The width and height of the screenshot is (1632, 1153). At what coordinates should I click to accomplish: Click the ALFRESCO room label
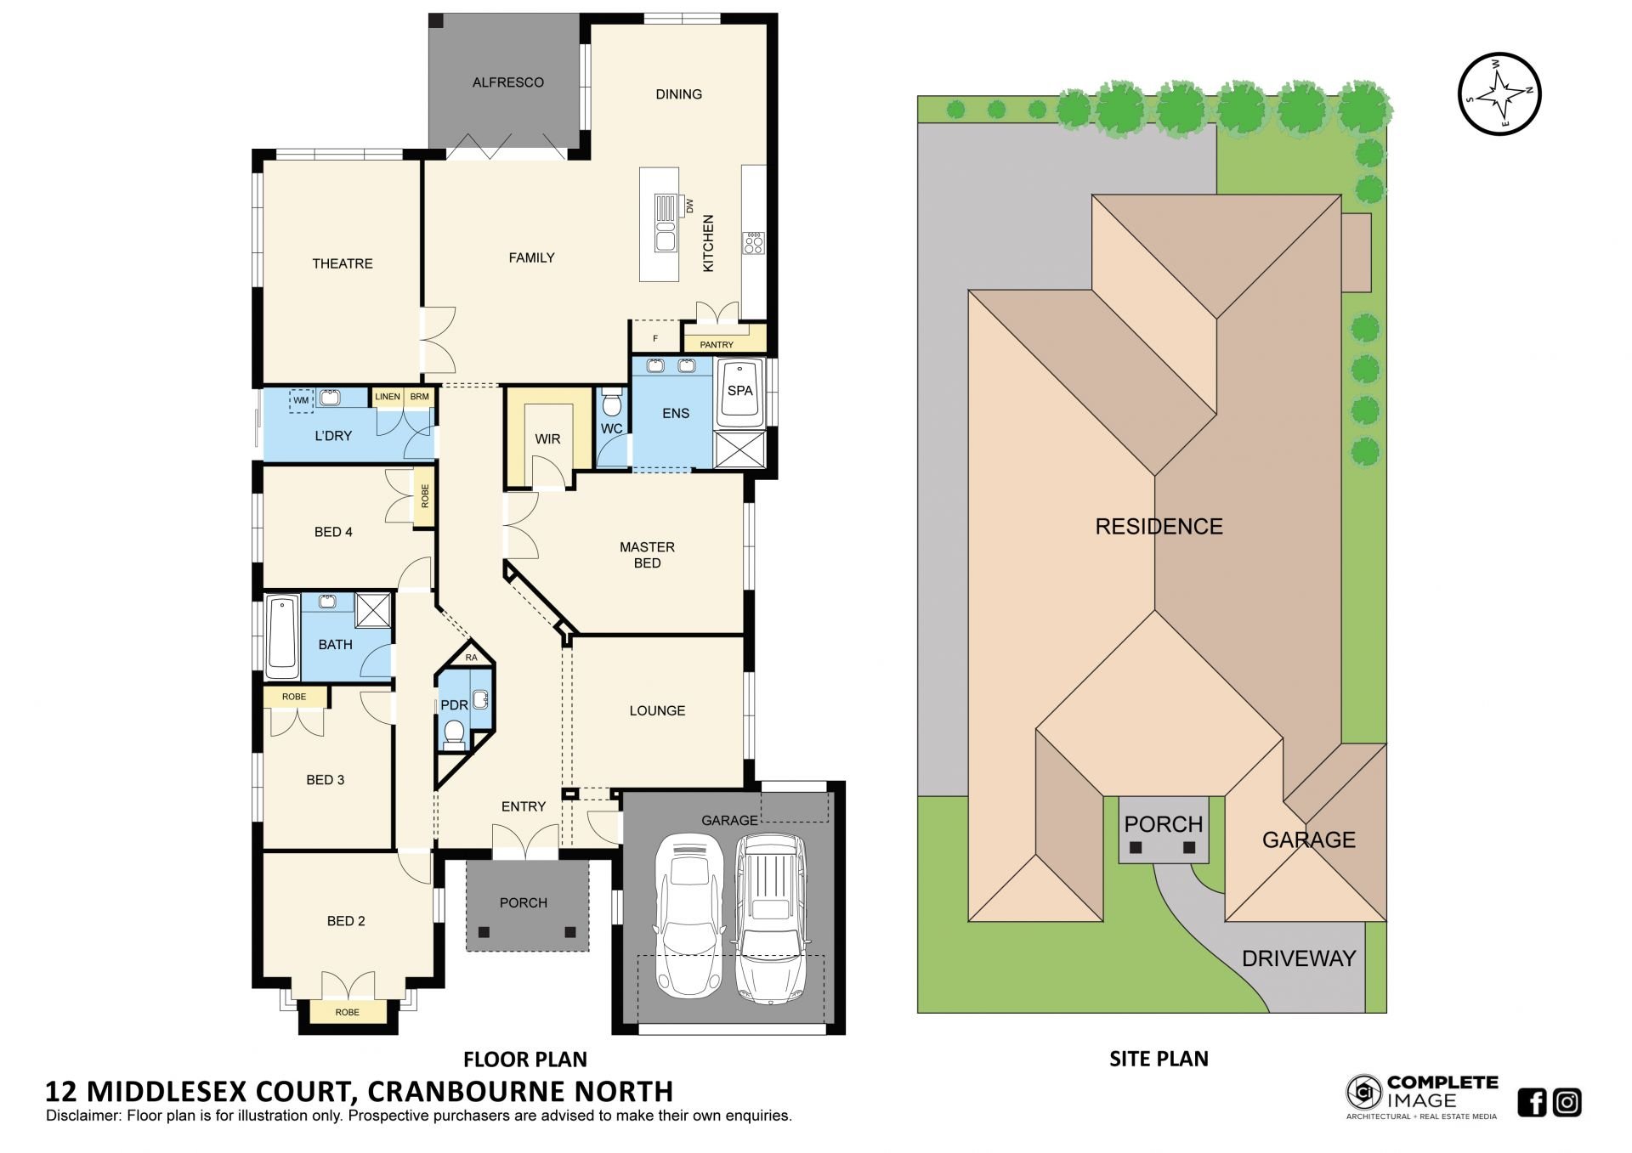pos(507,82)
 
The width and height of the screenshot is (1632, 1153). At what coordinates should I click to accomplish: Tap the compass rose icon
pos(1499,93)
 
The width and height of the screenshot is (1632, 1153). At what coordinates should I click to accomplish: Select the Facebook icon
pos(1532,1102)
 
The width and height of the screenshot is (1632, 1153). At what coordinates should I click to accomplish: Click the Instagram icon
pos(1567,1102)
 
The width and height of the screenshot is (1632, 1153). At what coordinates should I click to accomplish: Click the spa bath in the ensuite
pos(739,393)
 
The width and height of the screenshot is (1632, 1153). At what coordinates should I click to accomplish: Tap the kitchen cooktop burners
pos(753,243)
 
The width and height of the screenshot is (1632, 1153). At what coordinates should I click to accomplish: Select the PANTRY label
pos(717,345)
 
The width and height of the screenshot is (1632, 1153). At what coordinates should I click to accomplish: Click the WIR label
pos(547,439)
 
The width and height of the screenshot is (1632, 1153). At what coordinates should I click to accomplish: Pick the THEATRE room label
pos(343,263)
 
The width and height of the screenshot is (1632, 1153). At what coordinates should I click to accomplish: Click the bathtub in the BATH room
pos(283,636)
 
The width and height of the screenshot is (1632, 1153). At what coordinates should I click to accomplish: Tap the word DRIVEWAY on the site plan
pos(1298,958)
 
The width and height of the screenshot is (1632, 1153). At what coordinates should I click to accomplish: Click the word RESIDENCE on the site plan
pos(1159,527)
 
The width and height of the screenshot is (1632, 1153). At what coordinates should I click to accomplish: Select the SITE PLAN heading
pos(1159,1059)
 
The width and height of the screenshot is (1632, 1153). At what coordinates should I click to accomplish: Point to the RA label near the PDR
pos(472,658)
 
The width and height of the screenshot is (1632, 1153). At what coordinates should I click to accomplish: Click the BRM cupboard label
pos(419,397)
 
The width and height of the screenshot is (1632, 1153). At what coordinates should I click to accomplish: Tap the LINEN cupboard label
pos(387,397)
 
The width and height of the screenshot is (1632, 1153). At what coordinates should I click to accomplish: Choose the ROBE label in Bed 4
pos(425,496)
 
